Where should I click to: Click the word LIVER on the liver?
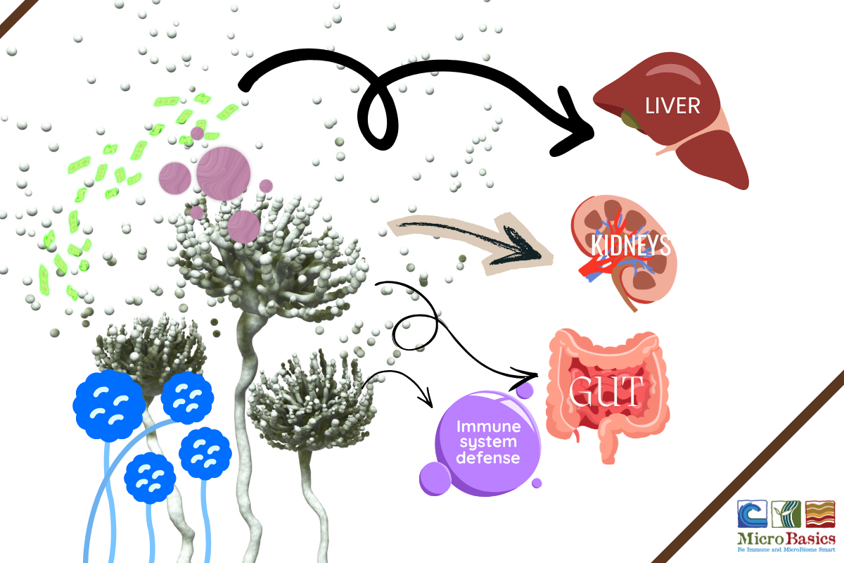[x=674, y=106]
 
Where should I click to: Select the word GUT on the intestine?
[x=606, y=391]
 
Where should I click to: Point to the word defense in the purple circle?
[x=488, y=457]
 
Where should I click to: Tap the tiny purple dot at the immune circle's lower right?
[x=537, y=483]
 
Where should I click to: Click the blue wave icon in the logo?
[x=752, y=514]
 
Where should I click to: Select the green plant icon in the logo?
[x=785, y=514]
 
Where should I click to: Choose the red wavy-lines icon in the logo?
[x=819, y=514]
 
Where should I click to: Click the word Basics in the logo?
[x=807, y=539]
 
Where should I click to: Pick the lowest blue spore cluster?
[x=150, y=476]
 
